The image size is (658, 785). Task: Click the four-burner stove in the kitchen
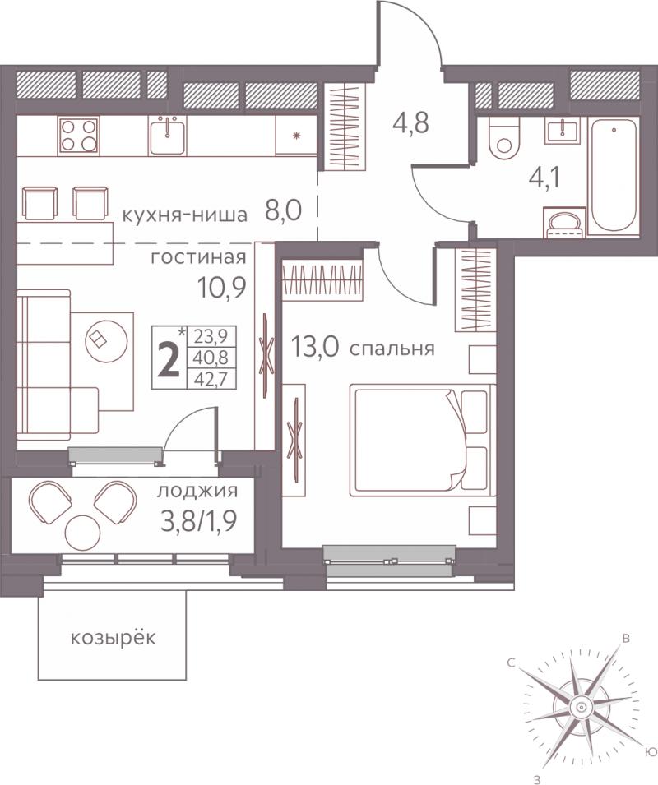(x=78, y=135)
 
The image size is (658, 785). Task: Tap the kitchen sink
(x=167, y=135)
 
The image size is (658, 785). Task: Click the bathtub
(x=614, y=175)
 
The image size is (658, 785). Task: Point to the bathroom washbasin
(x=563, y=132)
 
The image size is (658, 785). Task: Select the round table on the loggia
(x=82, y=533)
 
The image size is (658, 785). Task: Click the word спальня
(x=392, y=349)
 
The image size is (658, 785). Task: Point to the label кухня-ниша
(x=185, y=215)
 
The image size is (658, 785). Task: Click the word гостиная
(x=199, y=258)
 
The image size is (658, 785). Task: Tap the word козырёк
(x=114, y=638)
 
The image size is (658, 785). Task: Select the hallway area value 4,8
(x=410, y=122)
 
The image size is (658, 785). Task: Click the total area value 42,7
(x=211, y=378)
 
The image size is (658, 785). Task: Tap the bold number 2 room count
(x=169, y=362)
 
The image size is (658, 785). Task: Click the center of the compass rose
(x=582, y=707)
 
